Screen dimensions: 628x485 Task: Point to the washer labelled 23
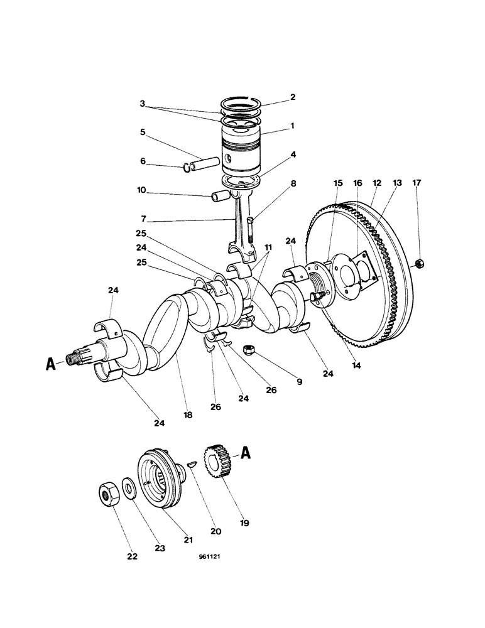(x=129, y=488)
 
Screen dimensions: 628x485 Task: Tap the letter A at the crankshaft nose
(x=51, y=361)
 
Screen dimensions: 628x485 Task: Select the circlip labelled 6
(x=187, y=167)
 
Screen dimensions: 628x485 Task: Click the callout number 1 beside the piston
(x=292, y=126)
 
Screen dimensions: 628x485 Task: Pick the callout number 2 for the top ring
(x=292, y=97)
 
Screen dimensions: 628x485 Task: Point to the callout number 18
(x=188, y=415)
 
